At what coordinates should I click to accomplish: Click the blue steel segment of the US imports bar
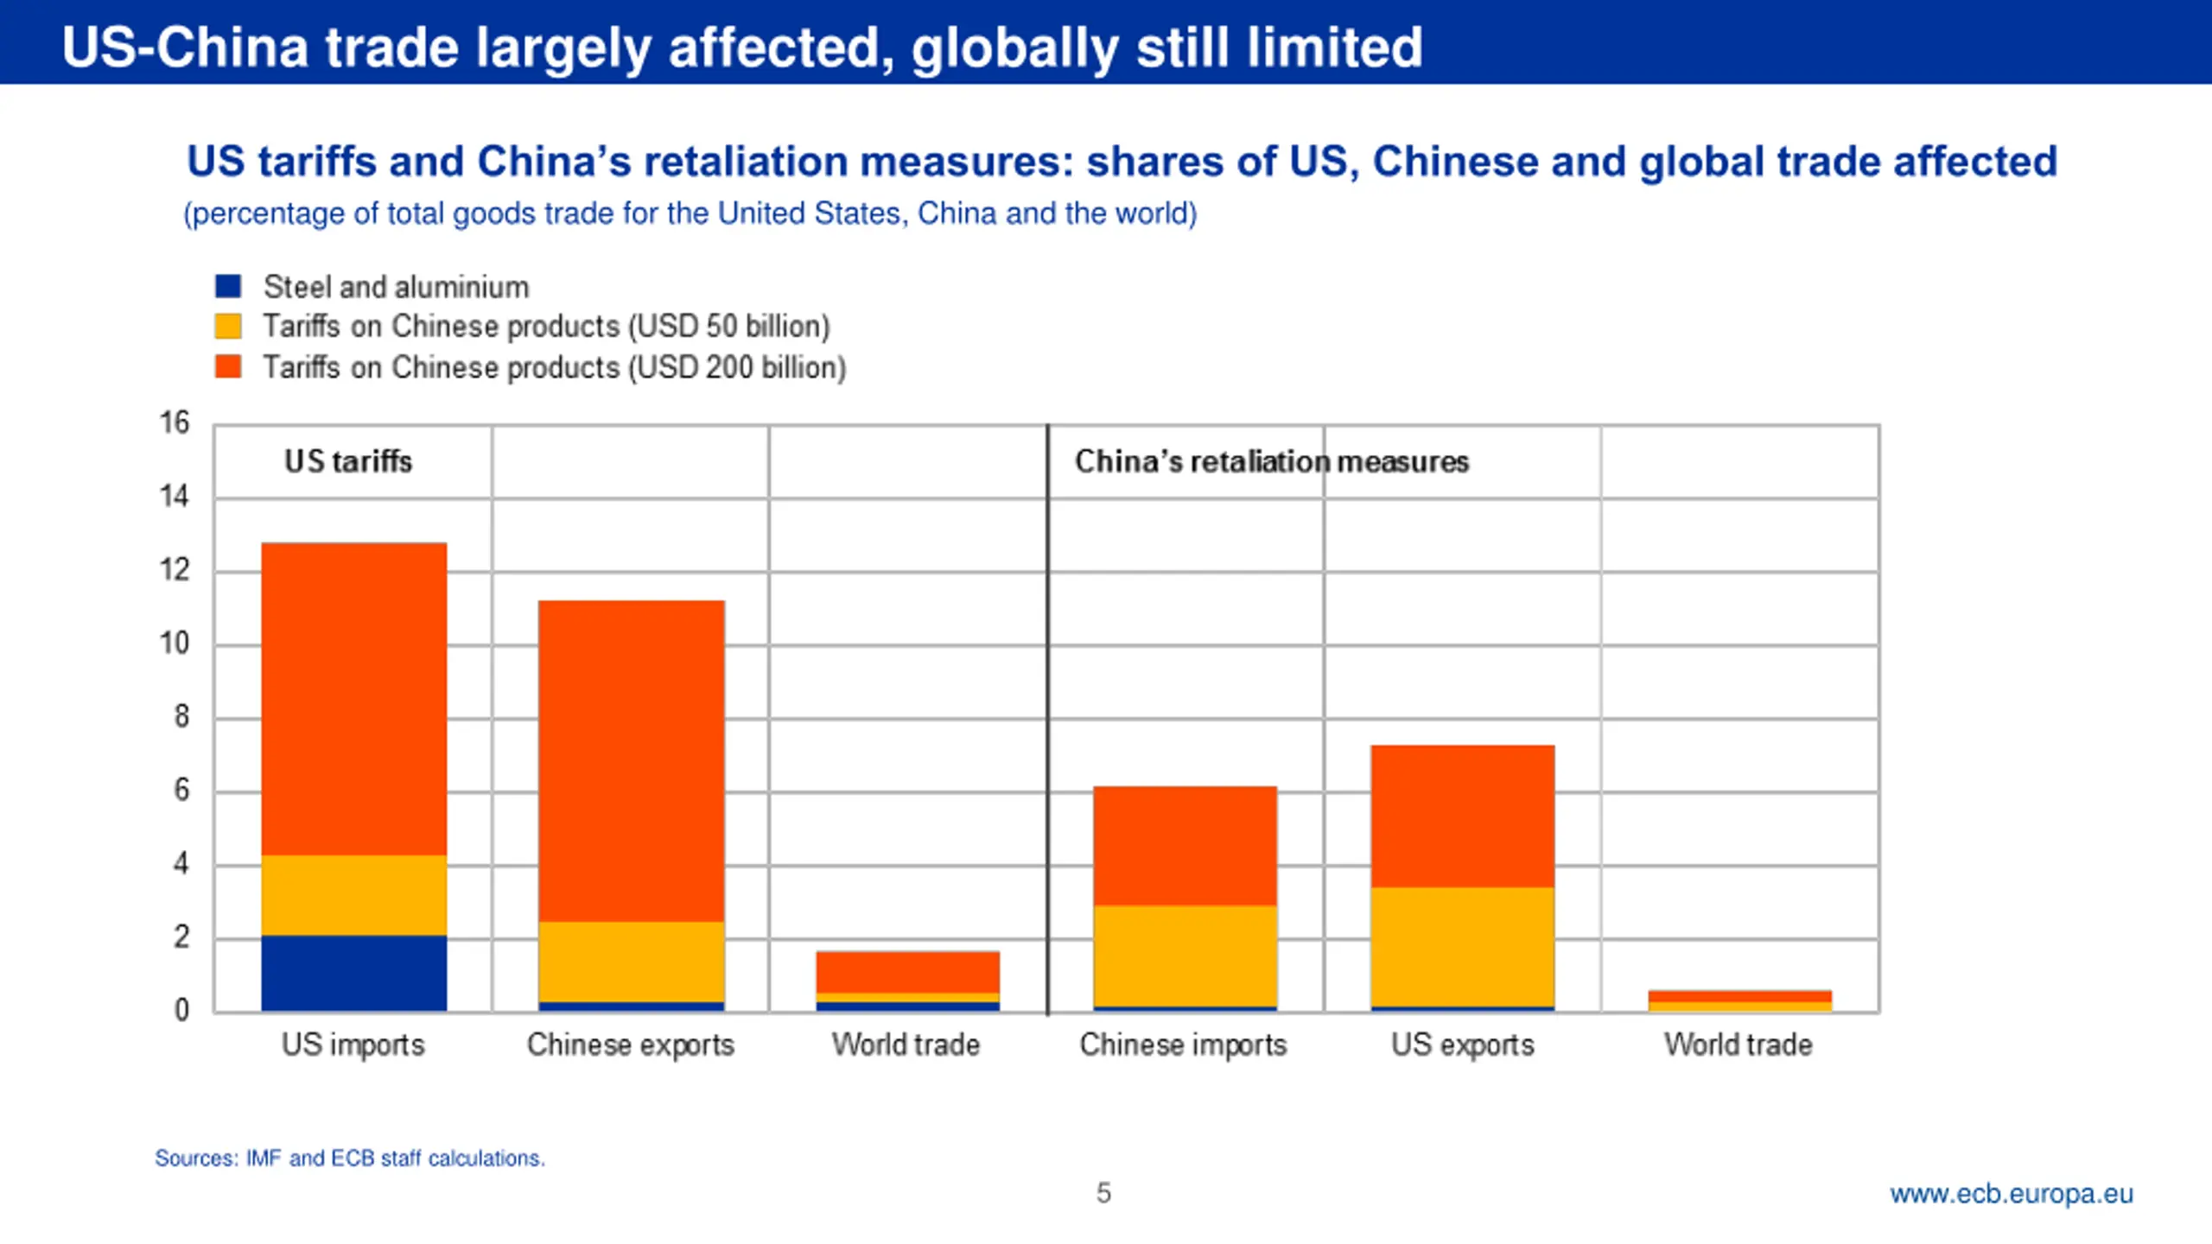tap(354, 973)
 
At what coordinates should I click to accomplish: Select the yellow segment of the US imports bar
tap(354, 895)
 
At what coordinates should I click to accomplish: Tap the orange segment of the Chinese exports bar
tap(631, 760)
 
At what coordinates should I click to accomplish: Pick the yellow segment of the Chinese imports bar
tap(1185, 955)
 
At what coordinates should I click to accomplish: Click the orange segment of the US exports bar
tap(1462, 816)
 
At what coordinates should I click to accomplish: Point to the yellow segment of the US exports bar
tap(1462, 947)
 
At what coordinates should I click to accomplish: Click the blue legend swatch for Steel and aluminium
tap(228, 286)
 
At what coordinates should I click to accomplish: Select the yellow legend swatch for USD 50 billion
tap(228, 326)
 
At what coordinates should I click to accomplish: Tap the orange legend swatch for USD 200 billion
tap(228, 366)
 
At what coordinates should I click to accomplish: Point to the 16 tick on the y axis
tap(174, 422)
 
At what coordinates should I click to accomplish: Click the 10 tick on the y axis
tap(174, 643)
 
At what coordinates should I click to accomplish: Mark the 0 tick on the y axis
tap(181, 1009)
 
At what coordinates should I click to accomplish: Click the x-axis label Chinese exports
tap(631, 1044)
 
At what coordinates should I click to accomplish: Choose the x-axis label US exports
tap(1462, 1044)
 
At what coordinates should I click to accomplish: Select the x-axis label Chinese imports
tap(1183, 1044)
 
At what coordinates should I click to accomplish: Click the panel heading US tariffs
tap(348, 461)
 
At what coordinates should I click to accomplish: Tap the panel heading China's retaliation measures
tap(1271, 461)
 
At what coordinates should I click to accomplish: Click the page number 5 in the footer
tap(1103, 1193)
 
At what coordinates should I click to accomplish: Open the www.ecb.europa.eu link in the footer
tap(2011, 1193)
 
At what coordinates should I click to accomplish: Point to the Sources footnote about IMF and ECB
tap(350, 1158)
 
